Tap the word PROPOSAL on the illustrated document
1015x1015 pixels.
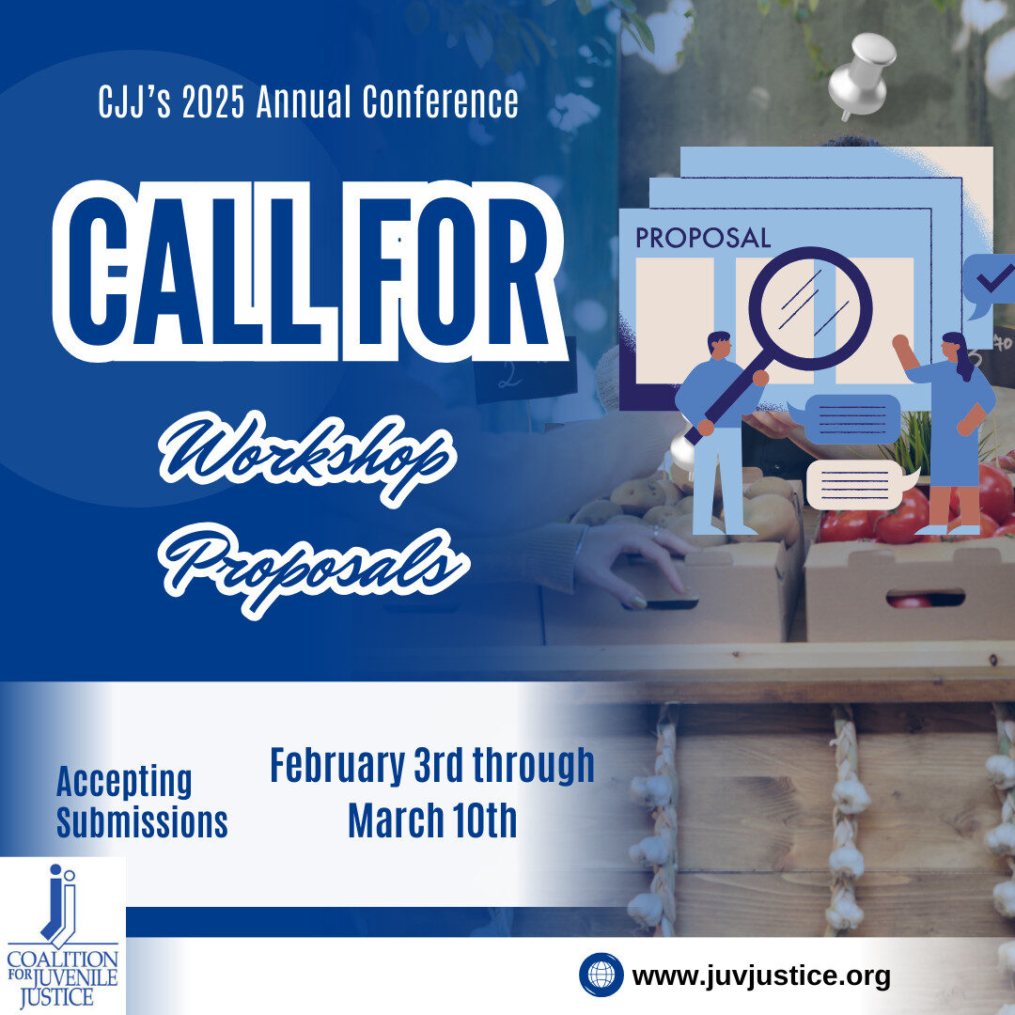pyautogui.click(x=703, y=238)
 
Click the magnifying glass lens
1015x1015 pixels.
pyautogui.click(x=810, y=309)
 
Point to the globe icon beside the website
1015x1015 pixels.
pyautogui.click(x=601, y=975)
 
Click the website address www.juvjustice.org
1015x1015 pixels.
pyautogui.click(x=761, y=976)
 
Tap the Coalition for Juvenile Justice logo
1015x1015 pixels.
pyautogui.click(x=62, y=936)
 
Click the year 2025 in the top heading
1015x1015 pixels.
pyautogui.click(x=213, y=103)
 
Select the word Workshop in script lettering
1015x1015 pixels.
pyautogui.click(x=308, y=457)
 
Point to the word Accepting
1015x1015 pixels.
pyautogui.click(x=124, y=781)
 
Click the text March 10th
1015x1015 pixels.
pyautogui.click(x=432, y=820)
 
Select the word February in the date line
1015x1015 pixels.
pyautogui.click(x=337, y=767)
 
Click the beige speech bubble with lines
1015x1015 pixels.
pyautogui.click(x=860, y=485)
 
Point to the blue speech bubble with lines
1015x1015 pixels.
pyautogui.click(x=847, y=418)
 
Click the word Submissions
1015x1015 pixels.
pyautogui.click(x=143, y=822)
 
